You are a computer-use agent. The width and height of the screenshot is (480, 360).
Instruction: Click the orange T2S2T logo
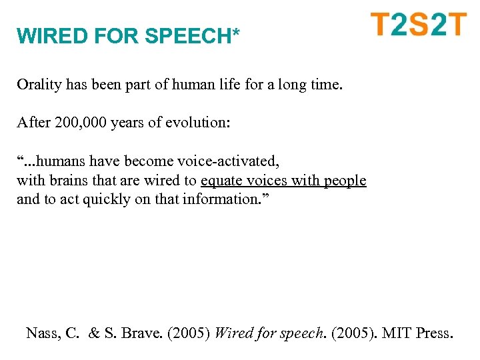tap(419, 25)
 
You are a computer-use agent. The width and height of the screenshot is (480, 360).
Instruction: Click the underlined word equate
tap(221, 181)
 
